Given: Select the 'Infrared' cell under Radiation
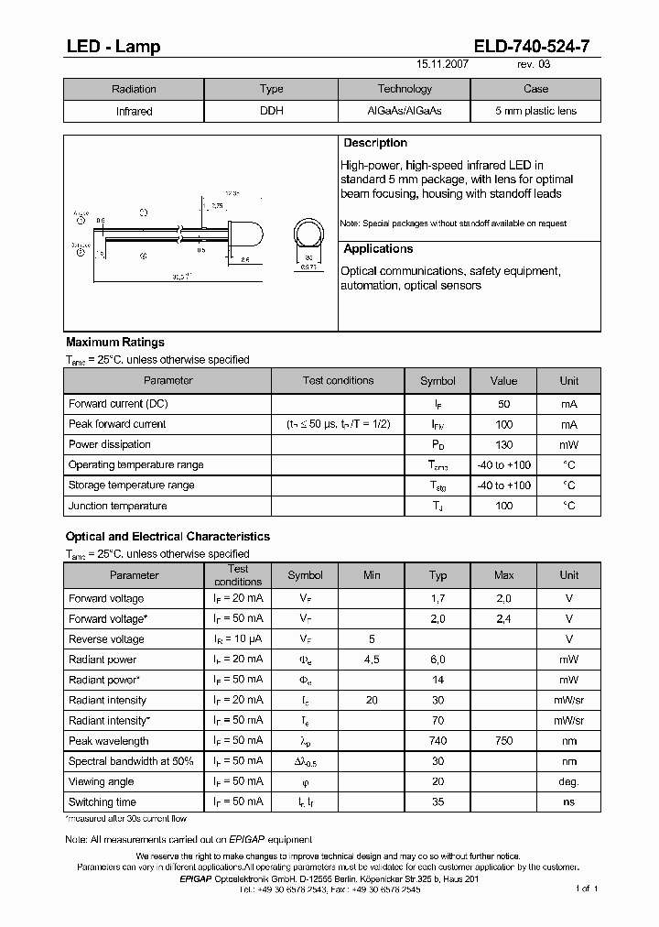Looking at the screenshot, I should point(134,111).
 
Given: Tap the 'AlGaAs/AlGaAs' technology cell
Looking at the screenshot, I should point(404,111).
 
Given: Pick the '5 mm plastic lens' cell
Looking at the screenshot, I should point(535,111).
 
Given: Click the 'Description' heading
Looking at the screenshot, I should point(375,144).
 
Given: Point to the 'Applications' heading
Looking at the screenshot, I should point(378,249).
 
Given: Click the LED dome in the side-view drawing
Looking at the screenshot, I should point(253,234).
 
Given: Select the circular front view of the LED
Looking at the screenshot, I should point(308,234).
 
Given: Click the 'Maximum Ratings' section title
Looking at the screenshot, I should point(115,343).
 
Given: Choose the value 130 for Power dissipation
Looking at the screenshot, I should point(503,444).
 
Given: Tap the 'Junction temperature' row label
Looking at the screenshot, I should point(117,506).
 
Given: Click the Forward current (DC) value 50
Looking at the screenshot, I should point(503,404).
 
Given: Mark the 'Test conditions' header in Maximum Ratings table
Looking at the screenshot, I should point(338,381).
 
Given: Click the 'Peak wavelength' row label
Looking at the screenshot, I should point(108,741).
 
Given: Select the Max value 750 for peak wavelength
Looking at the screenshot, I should point(503,741).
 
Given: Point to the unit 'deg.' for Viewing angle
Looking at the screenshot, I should point(569,781).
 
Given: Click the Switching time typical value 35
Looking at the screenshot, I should point(438,802).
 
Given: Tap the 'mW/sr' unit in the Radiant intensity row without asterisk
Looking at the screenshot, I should point(569,700).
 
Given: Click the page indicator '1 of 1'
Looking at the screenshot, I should point(587,889).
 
